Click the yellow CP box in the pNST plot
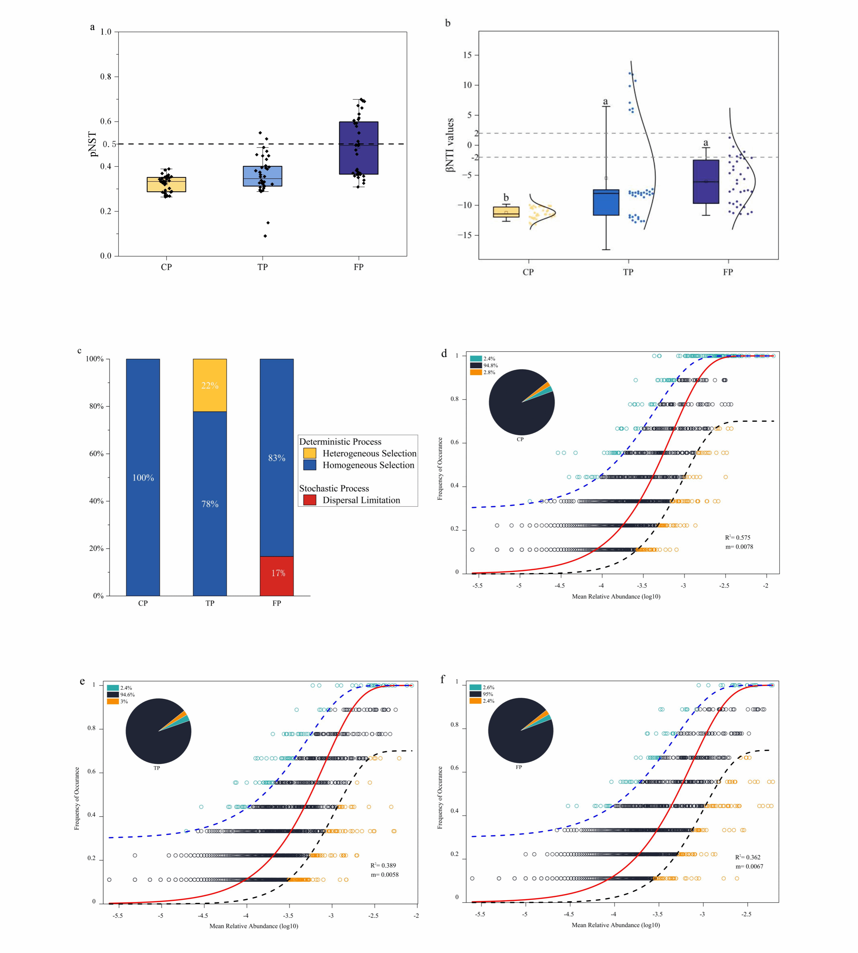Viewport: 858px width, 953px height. point(167,185)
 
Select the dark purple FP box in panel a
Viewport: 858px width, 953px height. point(358,148)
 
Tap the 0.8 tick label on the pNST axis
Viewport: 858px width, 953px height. point(106,77)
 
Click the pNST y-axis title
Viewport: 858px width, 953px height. point(93,144)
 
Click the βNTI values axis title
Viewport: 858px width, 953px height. point(450,145)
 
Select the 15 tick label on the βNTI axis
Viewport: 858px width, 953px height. point(467,55)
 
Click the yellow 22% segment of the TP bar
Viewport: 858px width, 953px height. point(210,385)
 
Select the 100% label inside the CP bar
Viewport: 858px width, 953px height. point(143,478)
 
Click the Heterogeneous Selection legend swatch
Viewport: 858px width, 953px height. point(310,453)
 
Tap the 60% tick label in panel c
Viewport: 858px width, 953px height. point(96,454)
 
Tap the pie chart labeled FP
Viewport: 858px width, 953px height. point(520,731)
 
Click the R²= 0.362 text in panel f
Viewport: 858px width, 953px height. point(748,857)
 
